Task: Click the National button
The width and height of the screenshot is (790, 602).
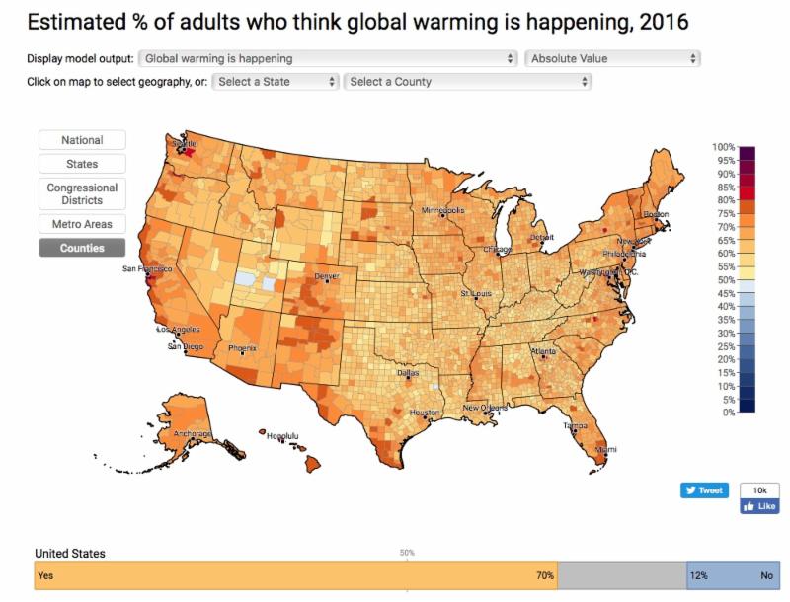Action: pos(81,140)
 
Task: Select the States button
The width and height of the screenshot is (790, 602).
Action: pos(81,164)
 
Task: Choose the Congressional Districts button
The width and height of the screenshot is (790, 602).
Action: pos(81,193)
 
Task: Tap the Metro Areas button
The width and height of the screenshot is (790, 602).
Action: pos(81,224)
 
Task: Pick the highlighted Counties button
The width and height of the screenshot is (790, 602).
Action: pos(81,248)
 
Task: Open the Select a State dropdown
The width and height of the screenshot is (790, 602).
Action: pos(276,82)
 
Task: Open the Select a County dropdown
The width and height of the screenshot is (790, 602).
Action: pos(468,82)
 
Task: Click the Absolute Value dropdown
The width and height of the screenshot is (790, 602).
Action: pos(612,58)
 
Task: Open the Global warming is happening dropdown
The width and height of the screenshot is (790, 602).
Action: pos(329,58)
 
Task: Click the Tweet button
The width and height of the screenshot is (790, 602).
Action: pos(704,490)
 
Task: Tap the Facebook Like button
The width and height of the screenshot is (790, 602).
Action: pos(759,506)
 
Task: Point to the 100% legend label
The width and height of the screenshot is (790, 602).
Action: pos(724,147)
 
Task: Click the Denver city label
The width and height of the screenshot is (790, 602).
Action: pos(326,276)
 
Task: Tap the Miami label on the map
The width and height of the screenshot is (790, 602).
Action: pos(605,450)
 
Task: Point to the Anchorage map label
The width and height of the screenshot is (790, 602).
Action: pos(193,434)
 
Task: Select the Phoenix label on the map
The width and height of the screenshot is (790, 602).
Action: pos(242,348)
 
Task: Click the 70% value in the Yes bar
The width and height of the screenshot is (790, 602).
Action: pos(545,575)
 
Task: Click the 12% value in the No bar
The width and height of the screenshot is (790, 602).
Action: pos(699,575)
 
